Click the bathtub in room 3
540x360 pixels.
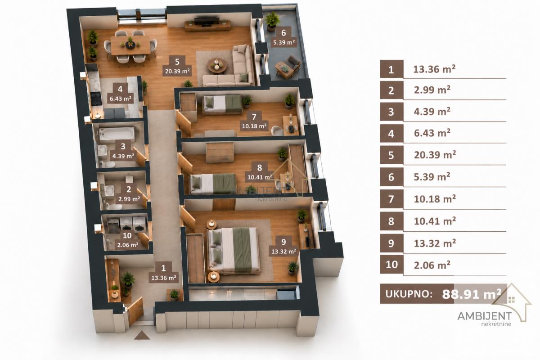coord(117,134)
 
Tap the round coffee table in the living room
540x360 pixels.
coord(217,65)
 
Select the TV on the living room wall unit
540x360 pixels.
coord(207,22)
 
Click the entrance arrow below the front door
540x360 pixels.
coord(142,335)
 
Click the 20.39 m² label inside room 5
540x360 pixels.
coord(177,72)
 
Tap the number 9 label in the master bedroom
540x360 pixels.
coord(283,242)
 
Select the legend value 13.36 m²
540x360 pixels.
coord(434,69)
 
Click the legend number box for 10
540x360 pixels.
coord(391,265)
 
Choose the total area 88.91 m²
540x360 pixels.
coord(472,294)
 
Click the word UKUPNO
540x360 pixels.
coord(409,294)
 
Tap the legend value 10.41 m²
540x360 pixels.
coord(435,221)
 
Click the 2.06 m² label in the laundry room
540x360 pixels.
coord(128,245)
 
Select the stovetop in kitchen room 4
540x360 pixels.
coord(96,99)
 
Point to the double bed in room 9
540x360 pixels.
coord(234,251)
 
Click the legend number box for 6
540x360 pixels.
coord(391,177)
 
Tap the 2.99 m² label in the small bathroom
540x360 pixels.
coord(129,199)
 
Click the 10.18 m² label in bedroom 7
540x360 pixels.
coord(254,126)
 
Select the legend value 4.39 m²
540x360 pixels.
coord(432,112)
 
